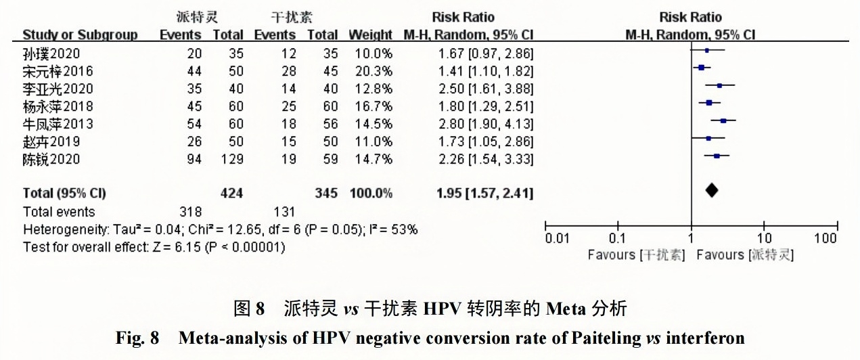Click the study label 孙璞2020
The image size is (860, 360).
tap(51, 53)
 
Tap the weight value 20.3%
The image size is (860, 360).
tap(370, 71)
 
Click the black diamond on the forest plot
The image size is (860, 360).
tap(712, 192)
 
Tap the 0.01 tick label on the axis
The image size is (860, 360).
tap(558, 239)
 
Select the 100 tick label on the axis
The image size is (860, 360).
tap(826, 239)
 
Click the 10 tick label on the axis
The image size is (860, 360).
tap(764, 239)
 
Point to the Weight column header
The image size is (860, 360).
tap(370, 35)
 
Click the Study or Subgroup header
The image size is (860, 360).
tap(80, 35)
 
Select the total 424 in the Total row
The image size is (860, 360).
tap(231, 194)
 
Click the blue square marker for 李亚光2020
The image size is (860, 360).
tap(719, 85)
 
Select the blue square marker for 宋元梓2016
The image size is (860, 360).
tap(702, 68)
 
